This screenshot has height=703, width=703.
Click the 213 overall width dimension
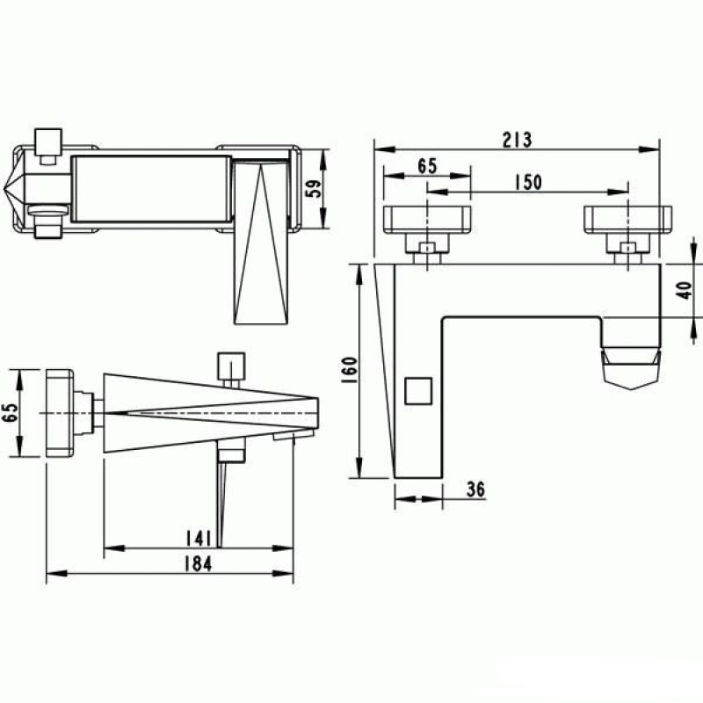pos(517,140)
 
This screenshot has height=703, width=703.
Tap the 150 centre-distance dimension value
pos(528,182)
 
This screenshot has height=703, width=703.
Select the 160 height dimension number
pos(349,369)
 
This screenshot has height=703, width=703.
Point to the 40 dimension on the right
pos(685,290)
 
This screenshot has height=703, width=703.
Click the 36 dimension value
pos(475,489)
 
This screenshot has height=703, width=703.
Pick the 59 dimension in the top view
pos(314,188)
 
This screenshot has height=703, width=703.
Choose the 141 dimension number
pos(199,539)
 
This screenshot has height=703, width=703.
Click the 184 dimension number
pos(199,564)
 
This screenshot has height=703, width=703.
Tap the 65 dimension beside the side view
pos(10,412)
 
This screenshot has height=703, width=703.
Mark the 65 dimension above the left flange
pos(427,166)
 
